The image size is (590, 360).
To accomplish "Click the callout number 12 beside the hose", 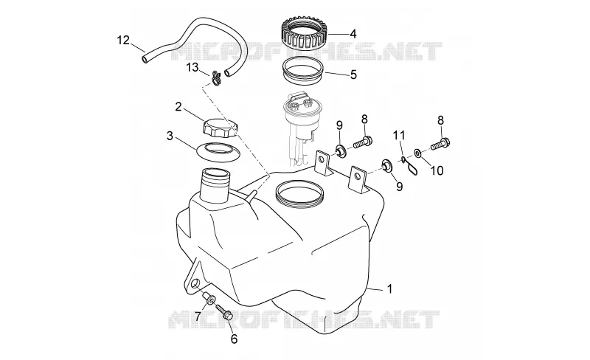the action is (x=123, y=40).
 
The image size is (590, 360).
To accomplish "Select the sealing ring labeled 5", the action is (x=303, y=69).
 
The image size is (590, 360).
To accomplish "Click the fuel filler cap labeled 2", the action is (x=220, y=128).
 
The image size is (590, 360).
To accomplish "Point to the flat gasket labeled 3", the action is (x=218, y=152).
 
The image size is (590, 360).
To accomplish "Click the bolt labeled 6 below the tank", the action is (x=225, y=314).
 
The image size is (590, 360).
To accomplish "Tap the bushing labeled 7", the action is (x=209, y=299).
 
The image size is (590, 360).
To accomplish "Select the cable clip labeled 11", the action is (x=409, y=166).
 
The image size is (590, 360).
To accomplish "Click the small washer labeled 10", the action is (x=417, y=153).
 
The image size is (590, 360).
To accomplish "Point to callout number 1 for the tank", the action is (x=390, y=289).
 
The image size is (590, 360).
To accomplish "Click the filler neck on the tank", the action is (x=215, y=185).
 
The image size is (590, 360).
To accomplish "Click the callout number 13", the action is (x=192, y=68).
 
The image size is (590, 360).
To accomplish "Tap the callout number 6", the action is (x=234, y=339).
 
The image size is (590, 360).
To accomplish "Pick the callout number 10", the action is (x=437, y=170).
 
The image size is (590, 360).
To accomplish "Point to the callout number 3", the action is (x=170, y=136).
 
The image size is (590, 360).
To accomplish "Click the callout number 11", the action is (x=399, y=134).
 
